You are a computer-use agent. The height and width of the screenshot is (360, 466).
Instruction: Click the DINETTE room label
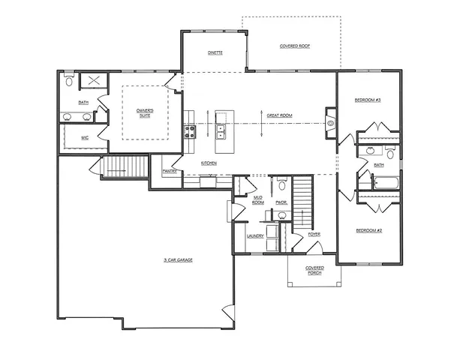(x=215, y=53)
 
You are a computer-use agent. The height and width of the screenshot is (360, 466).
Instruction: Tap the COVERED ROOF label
(x=295, y=46)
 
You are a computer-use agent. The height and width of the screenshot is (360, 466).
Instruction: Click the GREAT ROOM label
(x=280, y=115)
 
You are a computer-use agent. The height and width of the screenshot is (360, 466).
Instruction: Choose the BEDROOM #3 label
(x=368, y=100)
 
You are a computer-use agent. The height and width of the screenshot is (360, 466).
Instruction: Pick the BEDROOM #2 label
(x=369, y=229)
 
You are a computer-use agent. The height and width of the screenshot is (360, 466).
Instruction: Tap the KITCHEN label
(x=209, y=163)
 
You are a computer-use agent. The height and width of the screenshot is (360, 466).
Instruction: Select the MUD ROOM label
(x=257, y=200)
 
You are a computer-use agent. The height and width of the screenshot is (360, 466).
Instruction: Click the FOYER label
(x=314, y=234)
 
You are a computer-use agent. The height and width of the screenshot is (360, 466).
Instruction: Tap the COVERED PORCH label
(x=314, y=270)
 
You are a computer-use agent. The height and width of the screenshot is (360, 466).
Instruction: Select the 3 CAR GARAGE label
(x=179, y=259)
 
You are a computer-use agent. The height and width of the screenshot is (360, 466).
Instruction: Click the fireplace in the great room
(x=330, y=121)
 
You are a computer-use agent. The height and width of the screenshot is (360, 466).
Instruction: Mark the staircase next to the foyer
(x=301, y=201)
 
